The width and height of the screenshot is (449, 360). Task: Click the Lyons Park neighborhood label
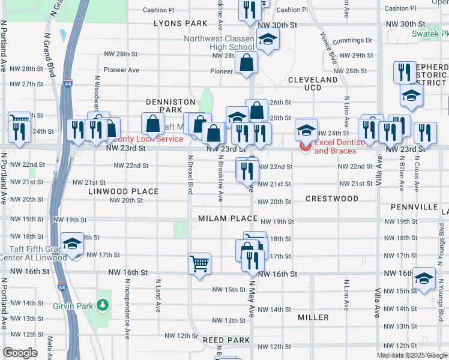click(180, 23)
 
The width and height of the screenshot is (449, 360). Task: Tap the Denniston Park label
click(170, 106)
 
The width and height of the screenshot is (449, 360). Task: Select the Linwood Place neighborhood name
click(123, 191)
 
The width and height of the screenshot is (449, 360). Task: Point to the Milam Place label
click(228, 218)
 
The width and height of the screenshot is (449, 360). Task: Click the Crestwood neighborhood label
click(331, 198)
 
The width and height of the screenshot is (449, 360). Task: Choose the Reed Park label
click(226, 340)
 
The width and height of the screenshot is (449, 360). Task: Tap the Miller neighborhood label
click(313, 317)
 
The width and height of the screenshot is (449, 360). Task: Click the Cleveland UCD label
click(313, 83)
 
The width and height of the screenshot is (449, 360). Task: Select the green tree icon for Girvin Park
click(103, 305)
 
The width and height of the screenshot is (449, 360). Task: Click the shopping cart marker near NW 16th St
click(199, 263)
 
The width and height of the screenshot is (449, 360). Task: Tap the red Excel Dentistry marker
click(305, 146)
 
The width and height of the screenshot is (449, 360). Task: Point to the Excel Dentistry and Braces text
click(339, 147)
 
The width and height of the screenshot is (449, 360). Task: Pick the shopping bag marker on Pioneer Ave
click(247, 62)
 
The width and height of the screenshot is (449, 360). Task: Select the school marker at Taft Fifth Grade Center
click(73, 243)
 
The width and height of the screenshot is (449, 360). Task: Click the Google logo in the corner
click(20, 353)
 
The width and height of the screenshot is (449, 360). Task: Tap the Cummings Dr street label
click(353, 40)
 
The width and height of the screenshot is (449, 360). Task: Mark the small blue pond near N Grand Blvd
click(63, 35)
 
